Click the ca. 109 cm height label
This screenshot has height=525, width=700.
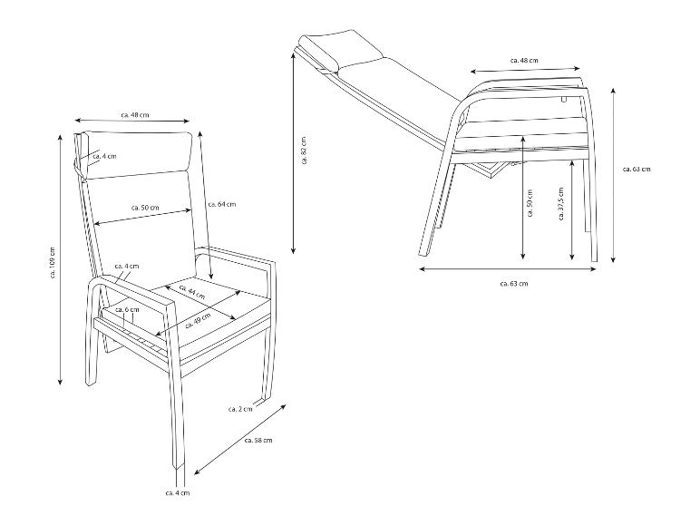(x=53, y=263)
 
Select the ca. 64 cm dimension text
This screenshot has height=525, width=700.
(x=222, y=204)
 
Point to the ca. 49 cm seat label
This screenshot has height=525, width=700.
(x=198, y=321)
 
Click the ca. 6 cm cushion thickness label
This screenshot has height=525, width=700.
(x=127, y=309)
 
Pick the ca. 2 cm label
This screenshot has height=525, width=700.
(x=240, y=409)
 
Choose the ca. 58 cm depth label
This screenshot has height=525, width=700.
(x=258, y=440)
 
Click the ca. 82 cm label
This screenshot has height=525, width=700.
(x=304, y=151)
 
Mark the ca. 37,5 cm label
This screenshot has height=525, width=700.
(x=561, y=204)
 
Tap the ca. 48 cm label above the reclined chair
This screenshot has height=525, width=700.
(x=524, y=60)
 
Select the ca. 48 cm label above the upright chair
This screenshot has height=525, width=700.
(x=135, y=115)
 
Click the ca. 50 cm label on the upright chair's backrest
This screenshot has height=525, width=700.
(x=145, y=208)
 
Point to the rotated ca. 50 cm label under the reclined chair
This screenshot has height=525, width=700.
(x=530, y=203)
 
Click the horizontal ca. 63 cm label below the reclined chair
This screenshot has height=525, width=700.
(x=514, y=284)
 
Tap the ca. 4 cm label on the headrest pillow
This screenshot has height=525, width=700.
(x=104, y=156)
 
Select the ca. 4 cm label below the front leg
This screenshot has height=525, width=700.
(x=177, y=493)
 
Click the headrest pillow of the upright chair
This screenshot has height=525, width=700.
(x=135, y=154)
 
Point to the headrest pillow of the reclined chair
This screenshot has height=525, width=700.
(x=343, y=48)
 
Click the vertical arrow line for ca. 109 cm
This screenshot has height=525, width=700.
(x=60, y=259)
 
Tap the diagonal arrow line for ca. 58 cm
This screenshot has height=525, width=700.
(x=239, y=440)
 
